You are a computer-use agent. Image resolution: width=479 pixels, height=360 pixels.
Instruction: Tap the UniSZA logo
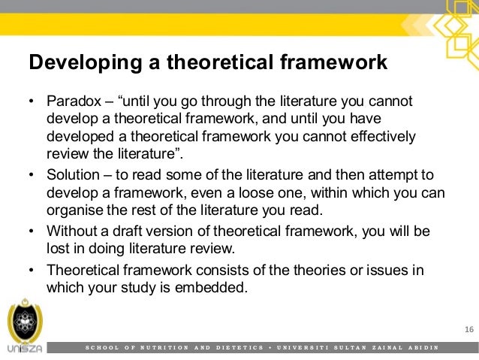click(24, 328)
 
